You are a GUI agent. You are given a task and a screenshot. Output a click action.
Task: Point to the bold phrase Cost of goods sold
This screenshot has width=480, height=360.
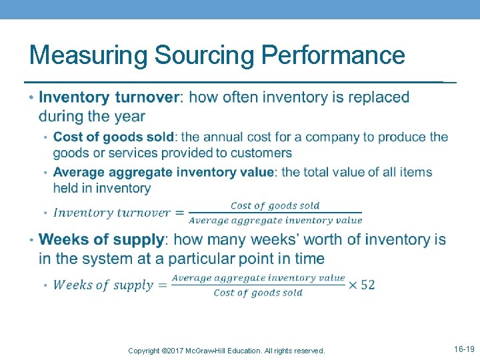(114, 137)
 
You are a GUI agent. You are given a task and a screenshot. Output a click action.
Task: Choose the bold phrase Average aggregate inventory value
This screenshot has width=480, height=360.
(163, 172)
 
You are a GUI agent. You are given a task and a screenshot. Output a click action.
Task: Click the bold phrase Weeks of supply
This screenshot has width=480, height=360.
(101, 239)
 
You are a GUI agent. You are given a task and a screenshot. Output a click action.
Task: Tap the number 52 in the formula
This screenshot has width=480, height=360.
(367, 285)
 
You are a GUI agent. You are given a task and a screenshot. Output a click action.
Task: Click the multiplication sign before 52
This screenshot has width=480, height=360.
(352, 285)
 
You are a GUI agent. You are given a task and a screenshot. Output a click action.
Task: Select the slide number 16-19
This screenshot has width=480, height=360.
(464, 349)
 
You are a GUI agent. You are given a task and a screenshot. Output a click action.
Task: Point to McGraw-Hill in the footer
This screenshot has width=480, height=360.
(219, 351)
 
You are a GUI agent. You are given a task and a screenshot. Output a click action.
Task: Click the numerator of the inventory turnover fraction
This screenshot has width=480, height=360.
(275, 206)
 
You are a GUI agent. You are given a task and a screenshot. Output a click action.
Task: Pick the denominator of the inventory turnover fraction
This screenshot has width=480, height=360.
(275, 221)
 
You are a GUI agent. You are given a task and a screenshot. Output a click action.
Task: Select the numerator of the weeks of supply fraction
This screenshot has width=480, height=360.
(258, 277)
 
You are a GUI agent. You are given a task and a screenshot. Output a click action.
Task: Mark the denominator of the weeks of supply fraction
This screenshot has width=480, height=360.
(258, 293)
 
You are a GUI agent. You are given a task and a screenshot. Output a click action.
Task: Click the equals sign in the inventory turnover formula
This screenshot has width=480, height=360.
(179, 213)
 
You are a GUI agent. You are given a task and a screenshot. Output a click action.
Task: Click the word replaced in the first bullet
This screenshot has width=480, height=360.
(377, 97)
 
